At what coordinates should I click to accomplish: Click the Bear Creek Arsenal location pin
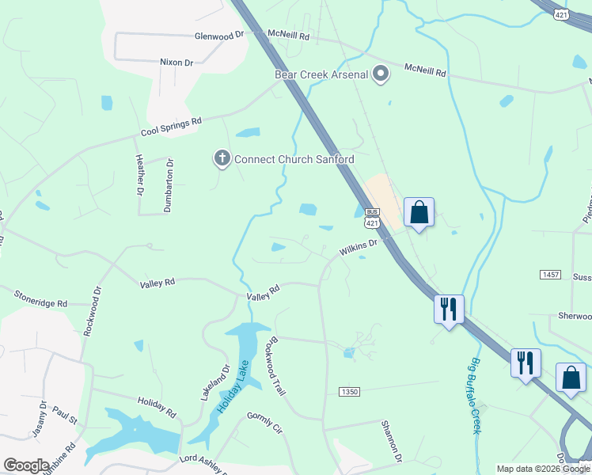[x=381, y=74]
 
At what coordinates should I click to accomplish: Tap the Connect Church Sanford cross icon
[x=222, y=159]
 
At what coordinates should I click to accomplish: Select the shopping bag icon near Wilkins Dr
[x=419, y=212]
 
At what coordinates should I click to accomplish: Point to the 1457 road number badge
[x=551, y=274]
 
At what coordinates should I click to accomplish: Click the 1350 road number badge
[x=348, y=393]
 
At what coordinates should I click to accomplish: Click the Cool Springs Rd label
[x=172, y=127]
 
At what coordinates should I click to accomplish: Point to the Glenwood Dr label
[x=219, y=36]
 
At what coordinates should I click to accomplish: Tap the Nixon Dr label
[x=176, y=62]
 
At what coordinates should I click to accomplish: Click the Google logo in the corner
[x=26, y=465]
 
